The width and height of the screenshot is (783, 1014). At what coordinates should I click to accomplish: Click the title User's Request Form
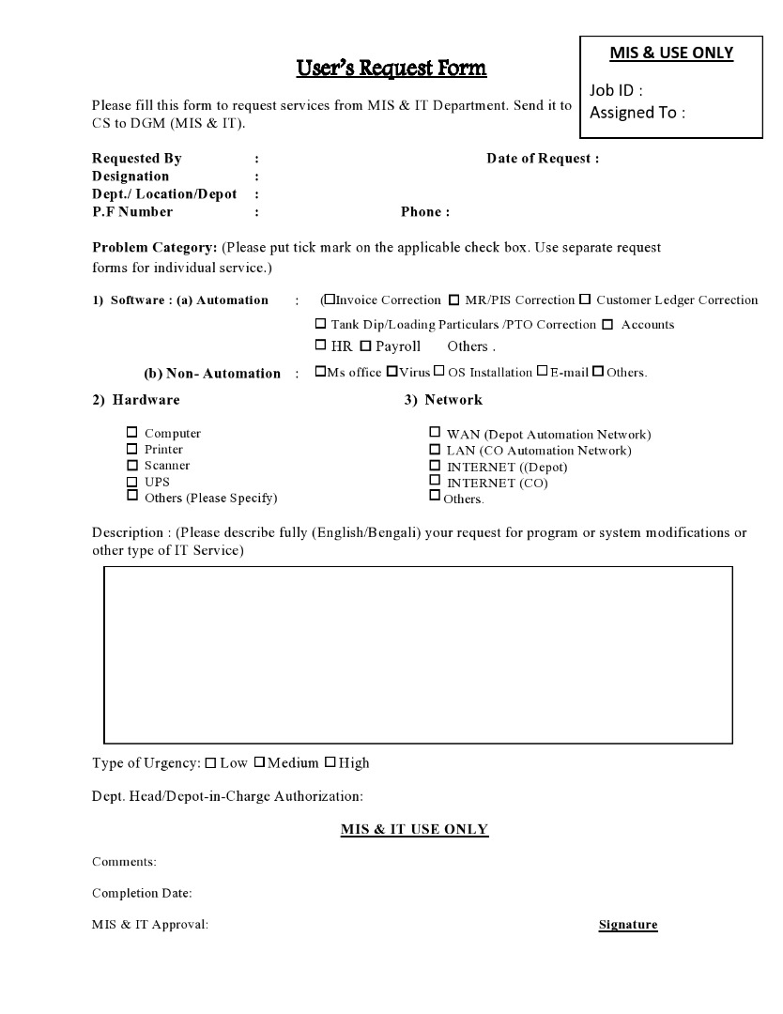pyautogui.click(x=391, y=68)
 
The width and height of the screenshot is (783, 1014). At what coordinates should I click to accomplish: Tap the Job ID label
pyautogui.click(x=616, y=90)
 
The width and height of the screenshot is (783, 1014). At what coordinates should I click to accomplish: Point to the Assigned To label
pyautogui.click(x=637, y=113)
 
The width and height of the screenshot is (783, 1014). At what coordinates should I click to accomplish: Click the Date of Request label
pyautogui.click(x=543, y=159)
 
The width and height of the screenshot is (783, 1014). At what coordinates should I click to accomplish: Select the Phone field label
pyautogui.click(x=424, y=212)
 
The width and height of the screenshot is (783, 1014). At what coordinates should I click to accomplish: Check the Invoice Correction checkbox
pyautogui.click(x=330, y=300)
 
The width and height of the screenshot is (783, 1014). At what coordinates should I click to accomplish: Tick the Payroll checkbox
pyautogui.click(x=366, y=346)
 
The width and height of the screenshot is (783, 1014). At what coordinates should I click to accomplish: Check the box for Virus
pyautogui.click(x=392, y=372)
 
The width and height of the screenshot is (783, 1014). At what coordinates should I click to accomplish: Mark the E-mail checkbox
pyautogui.click(x=542, y=372)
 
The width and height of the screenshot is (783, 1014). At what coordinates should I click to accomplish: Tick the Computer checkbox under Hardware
pyautogui.click(x=132, y=433)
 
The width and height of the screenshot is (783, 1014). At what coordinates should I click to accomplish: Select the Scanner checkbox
pyautogui.click(x=132, y=465)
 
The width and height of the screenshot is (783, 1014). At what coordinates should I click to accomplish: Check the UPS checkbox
pyautogui.click(x=132, y=481)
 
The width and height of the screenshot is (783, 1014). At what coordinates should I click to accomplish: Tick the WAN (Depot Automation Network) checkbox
pyautogui.click(x=435, y=433)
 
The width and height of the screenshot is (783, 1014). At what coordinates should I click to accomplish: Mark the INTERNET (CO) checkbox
pyautogui.click(x=435, y=481)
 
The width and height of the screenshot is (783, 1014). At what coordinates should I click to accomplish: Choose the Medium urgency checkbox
pyautogui.click(x=259, y=762)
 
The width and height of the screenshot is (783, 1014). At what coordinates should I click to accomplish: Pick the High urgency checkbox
pyautogui.click(x=330, y=762)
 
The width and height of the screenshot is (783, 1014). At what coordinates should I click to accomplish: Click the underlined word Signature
pyautogui.click(x=628, y=925)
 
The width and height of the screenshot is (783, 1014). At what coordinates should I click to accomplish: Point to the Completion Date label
pyautogui.click(x=142, y=893)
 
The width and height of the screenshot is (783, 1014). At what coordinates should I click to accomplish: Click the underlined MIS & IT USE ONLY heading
pyautogui.click(x=414, y=829)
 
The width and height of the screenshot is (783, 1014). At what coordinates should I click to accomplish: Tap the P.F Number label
pyautogui.click(x=132, y=212)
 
